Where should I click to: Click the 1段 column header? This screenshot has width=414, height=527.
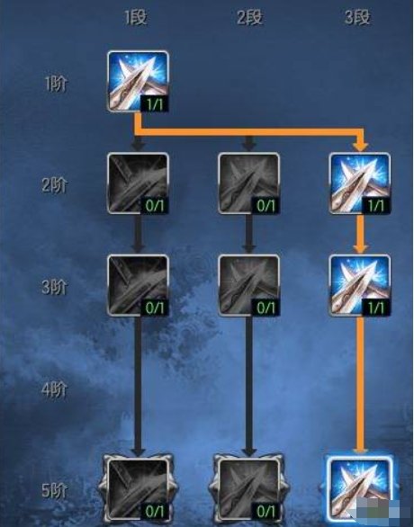click(x=136, y=17)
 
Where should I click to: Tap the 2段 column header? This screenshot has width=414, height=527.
click(x=249, y=17)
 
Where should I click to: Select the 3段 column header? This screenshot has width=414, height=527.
click(x=357, y=17)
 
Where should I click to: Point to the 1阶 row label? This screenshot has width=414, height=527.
click(x=56, y=84)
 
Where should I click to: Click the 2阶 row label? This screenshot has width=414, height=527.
click(x=55, y=185)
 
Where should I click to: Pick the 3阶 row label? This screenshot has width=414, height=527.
click(x=55, y=288)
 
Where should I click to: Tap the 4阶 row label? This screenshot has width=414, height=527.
click(x=55, y=390)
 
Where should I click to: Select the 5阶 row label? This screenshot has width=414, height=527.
click(x=55, y=491)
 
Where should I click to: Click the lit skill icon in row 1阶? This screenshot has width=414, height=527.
click(x=138, y=81)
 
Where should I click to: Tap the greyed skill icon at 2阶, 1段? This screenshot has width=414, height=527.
click(x=138, y=183)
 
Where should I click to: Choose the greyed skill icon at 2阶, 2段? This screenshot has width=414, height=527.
click(x=249, y=183)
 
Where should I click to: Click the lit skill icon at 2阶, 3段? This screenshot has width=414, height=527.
click(x=359, y=183)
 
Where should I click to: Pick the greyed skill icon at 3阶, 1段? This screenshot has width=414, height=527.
click(x=138, y=285)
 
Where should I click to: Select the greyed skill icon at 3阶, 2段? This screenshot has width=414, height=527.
click(x=249, y=285)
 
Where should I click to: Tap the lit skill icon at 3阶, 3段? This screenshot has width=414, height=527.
click(x=359, y=285)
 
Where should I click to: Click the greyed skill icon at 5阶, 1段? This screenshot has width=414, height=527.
click(x=137, y=490)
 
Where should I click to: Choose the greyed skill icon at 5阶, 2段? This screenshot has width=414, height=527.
click(x=249, y=490)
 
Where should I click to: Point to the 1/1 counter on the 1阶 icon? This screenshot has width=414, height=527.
click(x=155, y=104)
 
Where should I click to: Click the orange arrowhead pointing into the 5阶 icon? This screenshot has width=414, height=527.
click(x=360, y=451)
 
